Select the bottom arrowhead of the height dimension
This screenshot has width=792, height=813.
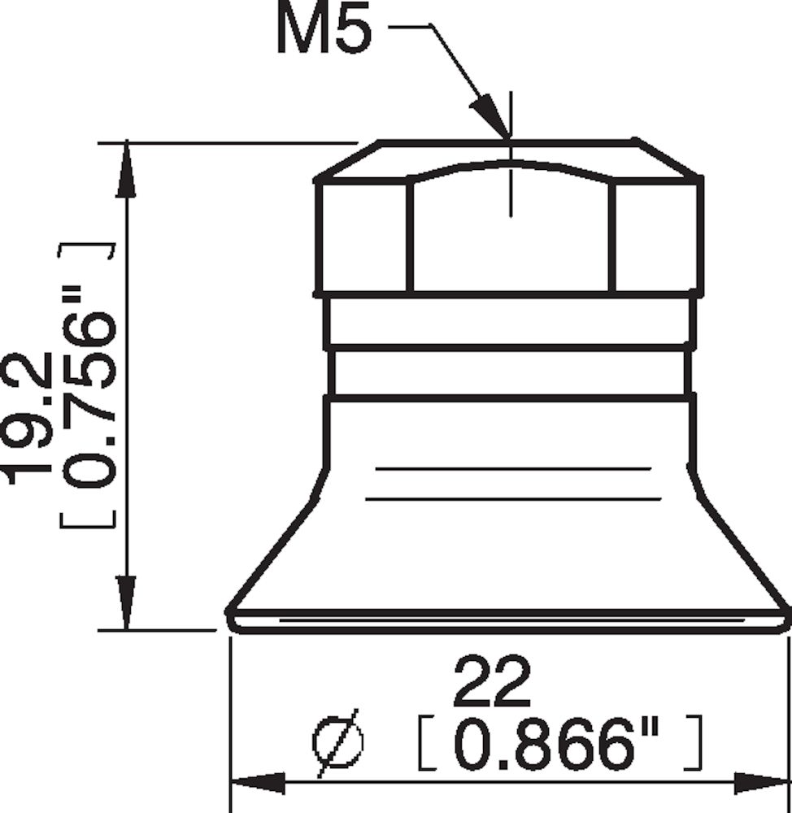[x=125, y=602]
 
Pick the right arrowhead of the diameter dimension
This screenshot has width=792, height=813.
[x=761, y=784]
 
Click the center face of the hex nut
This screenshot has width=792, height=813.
[x=510, y=236]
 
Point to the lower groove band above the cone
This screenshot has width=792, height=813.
[x=510, y=373]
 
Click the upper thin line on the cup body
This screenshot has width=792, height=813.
[x=512, y=469]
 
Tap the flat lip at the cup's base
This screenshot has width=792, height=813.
[x=510, y=620]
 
